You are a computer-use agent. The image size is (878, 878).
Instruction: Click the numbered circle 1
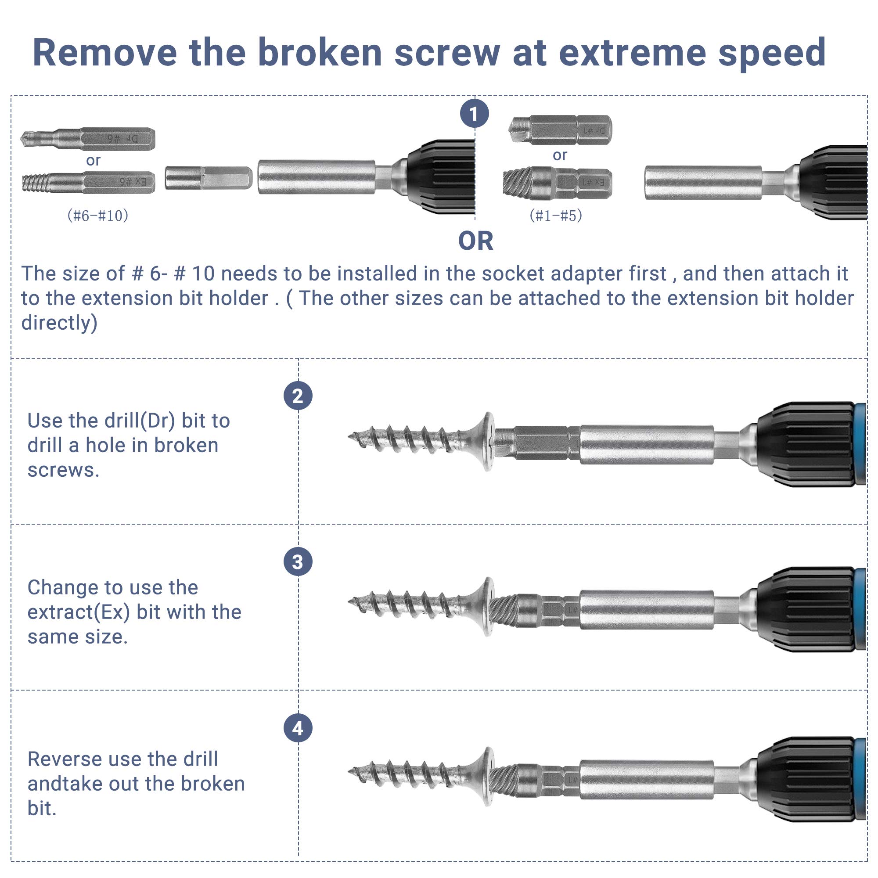coord(474,114)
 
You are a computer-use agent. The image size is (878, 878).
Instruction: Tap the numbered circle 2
coord(298,396)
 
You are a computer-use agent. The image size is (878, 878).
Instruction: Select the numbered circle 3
coord(298,562)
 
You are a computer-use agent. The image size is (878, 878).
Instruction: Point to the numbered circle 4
coord(298,728)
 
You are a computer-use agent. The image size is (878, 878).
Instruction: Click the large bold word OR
coord(475,241)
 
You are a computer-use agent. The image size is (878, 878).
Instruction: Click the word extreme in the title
coord(632,53)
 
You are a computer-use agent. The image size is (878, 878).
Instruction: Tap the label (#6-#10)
coord(98,216)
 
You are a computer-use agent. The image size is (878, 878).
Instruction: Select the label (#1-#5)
coord(555,216)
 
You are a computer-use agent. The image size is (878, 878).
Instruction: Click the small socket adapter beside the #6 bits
coord(208,178)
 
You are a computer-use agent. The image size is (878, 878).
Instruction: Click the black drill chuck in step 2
coord(804,444)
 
